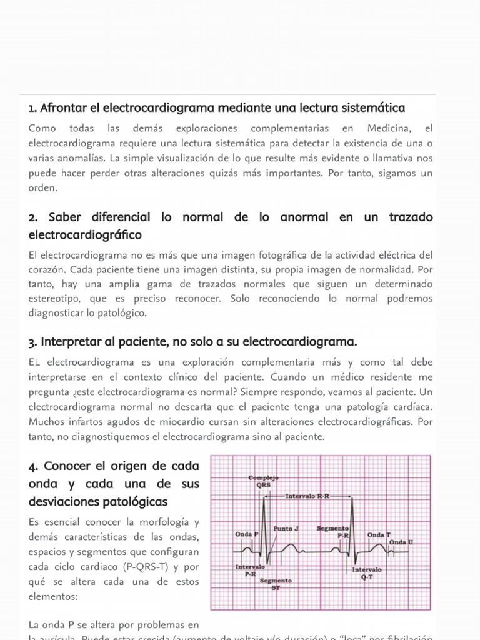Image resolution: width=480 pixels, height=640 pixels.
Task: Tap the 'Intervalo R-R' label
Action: tap(307, 496)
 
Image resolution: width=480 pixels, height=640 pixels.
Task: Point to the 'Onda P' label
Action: tap(247, 534)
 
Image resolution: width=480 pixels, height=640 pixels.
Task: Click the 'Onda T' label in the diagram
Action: tap(379, 535)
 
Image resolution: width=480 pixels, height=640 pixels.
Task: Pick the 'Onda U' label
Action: tap(401, 541)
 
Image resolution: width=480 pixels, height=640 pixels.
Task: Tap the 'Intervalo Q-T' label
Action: tap(367, 574)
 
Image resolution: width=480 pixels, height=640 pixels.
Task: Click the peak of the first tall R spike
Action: tap(264, 496)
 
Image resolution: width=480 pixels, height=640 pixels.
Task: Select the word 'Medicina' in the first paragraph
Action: tap(388, 129)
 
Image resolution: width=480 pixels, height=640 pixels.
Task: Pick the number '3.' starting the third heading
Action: tap(33, 342)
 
